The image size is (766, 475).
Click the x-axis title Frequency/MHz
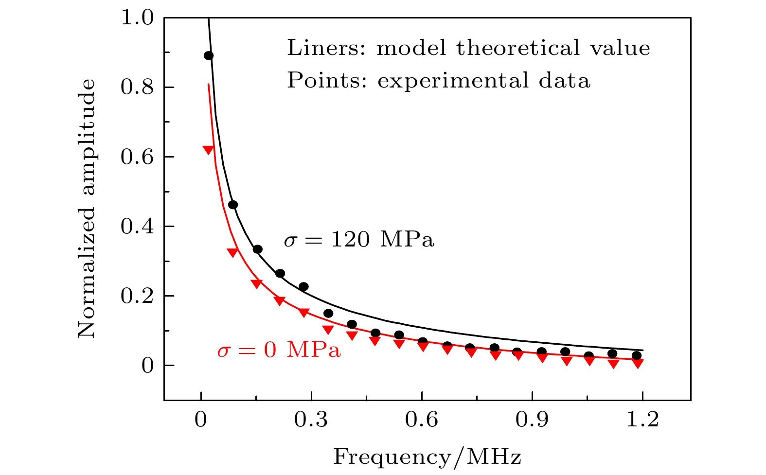(x=427, y=457)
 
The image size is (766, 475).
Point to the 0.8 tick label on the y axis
(x=137, y=88)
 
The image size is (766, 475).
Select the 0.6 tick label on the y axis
(x=137, y=158)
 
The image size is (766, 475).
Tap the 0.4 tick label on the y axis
(x=137, y=227)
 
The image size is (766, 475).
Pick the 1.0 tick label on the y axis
(x=137, y=18)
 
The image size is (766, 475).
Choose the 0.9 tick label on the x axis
(x=533, y=419)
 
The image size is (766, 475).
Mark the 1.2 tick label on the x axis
(x=643, y=419)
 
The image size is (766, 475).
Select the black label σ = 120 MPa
(x=359, y=240)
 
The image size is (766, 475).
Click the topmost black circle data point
(x=209, y=55)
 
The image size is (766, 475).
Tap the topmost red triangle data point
(x=208, y=150)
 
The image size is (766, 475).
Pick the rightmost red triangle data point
(x=638, y=363)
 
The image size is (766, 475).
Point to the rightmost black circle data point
(x=637, y=355)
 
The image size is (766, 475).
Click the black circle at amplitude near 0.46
(x=233, y=205)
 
